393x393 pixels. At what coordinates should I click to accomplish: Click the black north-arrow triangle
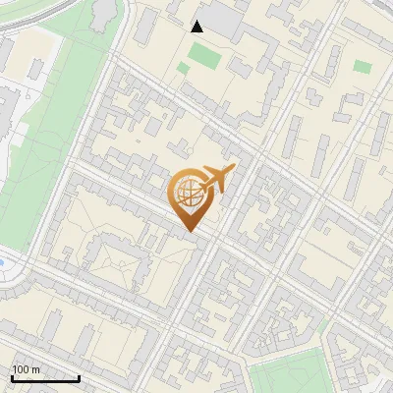click(x=197, y=27)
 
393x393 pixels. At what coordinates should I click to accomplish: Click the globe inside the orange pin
click(x=187, y=194)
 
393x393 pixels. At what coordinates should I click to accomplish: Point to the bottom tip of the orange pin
click(x=189, y=232)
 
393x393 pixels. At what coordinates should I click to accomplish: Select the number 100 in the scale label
click(x=20, y=369)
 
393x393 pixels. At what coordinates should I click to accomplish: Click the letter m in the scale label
click(x=35, y=369)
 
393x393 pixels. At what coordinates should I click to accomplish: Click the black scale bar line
click(x=45, y=378)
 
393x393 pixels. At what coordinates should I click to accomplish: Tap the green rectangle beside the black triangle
click(x=203, y=56)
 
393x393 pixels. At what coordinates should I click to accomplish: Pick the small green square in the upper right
click(x=363, y=67)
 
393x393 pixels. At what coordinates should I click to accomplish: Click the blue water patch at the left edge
click(x=6, y=262)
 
